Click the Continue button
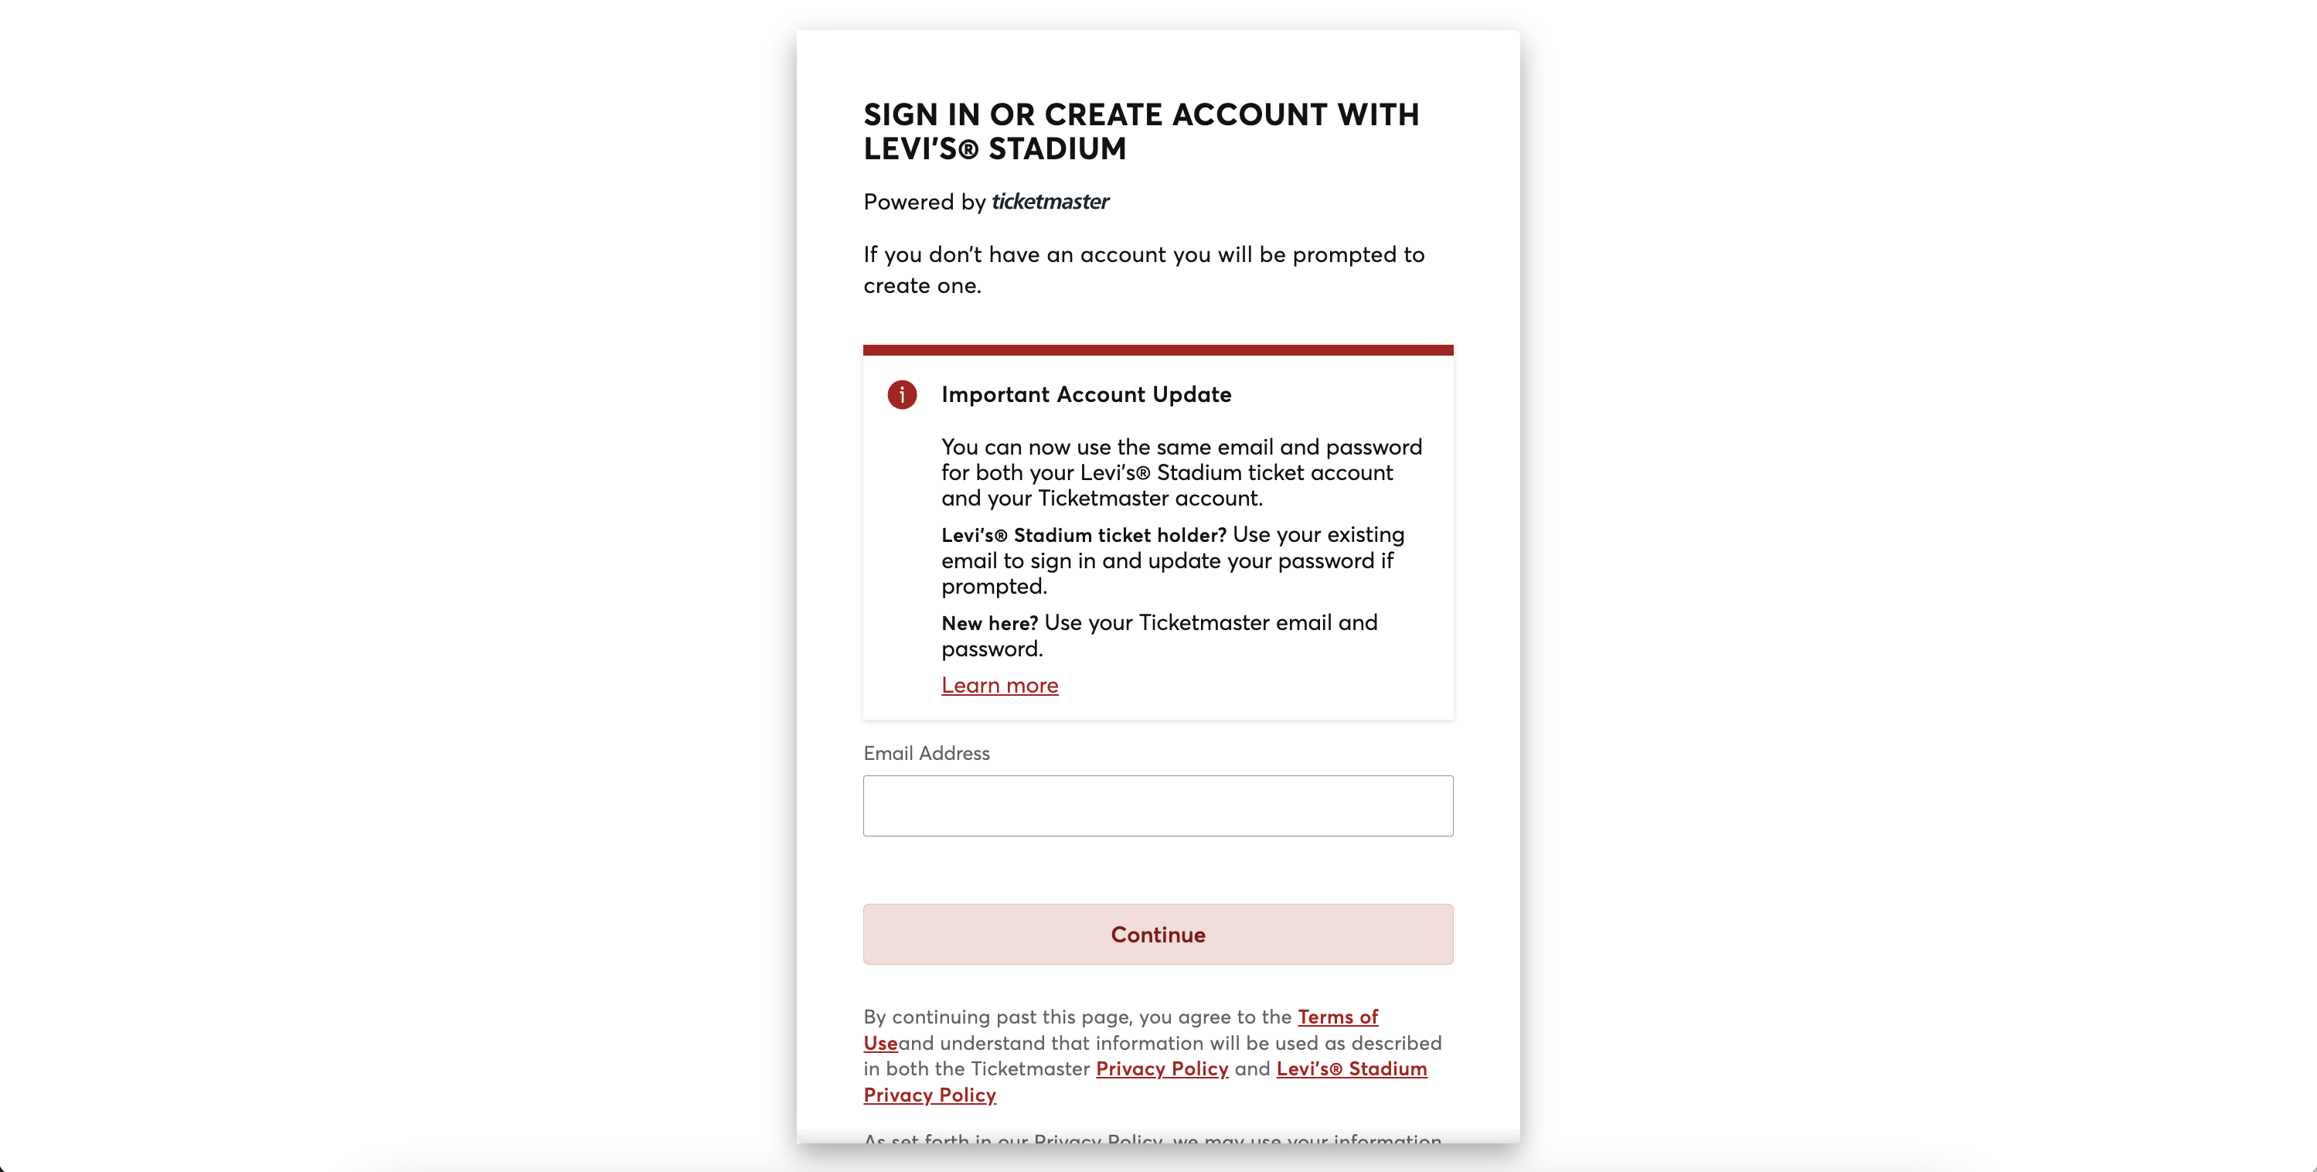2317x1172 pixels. tap(1158, 935)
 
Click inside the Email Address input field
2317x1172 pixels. tap(1158, 806)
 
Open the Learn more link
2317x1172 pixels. tap(999, 686)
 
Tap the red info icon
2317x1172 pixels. tap(901, 395)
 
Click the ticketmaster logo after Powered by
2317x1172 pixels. tap(1050, 202)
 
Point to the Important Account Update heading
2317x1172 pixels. tap(1086, 395)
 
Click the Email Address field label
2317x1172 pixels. tap(926, 754)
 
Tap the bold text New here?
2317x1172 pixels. tap(989, 623)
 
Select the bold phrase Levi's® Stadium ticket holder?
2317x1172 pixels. tap(1083, 535)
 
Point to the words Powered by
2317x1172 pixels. tap(924, 203)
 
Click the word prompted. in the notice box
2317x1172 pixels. tap(994, 587)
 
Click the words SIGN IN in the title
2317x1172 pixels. tap(921, 115)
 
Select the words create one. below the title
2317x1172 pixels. tap(921, 286)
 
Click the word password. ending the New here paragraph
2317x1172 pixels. tap(992, 649)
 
